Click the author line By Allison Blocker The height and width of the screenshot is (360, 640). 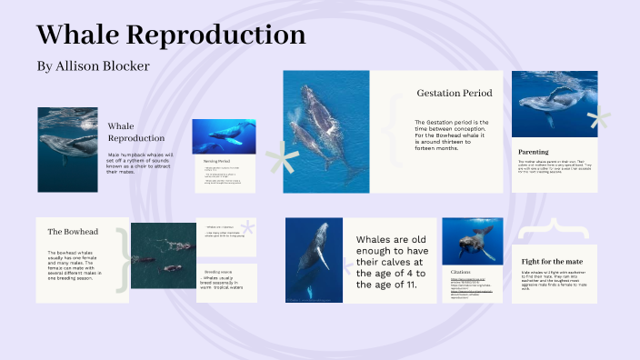pyautogui.click(x=93, y=66)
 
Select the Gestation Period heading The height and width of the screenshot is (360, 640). pyautogui.click(x=455, y=93)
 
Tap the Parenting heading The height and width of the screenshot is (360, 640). pyautogui.click(x=533, y=151)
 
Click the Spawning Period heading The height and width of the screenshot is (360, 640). pyautogui.click(x=216, y=160)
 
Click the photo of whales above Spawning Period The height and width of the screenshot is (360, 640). pyautogui.click(x=224, y=136)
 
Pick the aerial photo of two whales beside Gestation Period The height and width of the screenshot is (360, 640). pyautogui.click(x=326, y=132)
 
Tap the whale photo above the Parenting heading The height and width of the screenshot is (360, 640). pyautogui.click(x=554, y=104)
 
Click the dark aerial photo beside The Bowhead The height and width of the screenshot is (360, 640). pyautogui.click(x=164, y=256)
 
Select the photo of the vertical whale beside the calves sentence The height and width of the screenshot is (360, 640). pyautogui.click(x=314, y=259)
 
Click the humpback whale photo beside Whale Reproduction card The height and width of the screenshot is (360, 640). pyautogui.click(x=67, y=149)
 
